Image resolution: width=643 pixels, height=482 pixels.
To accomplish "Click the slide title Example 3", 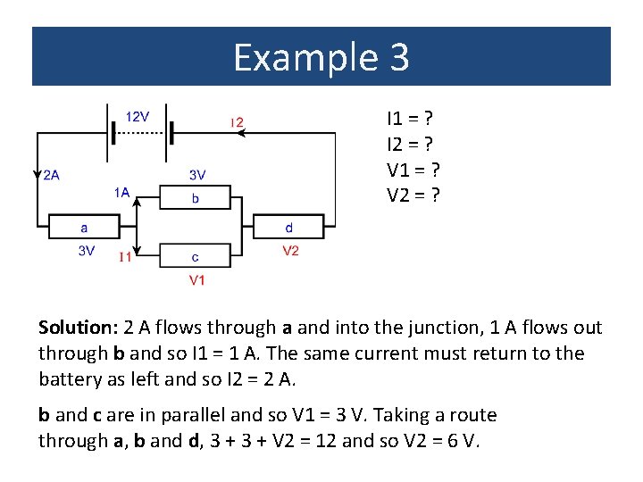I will (321, 57).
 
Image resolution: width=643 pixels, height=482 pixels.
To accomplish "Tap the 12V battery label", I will (138, 116).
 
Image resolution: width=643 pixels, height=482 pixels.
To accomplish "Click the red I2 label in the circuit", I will (237, 122).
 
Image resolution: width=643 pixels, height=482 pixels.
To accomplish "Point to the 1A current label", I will (121, 191).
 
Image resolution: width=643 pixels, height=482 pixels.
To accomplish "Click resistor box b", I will (196, 197).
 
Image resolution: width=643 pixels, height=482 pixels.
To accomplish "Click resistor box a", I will (84, 228).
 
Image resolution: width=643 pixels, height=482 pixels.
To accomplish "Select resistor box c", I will (196, 256).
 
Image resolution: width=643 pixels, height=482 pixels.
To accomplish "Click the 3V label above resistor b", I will (197, 175).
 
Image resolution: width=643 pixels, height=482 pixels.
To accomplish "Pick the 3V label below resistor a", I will (87, 251).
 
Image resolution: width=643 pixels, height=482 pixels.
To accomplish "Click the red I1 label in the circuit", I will (127, 258).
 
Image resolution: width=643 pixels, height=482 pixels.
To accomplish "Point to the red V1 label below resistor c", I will (197, 280).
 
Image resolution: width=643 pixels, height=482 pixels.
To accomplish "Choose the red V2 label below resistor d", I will (290, 251).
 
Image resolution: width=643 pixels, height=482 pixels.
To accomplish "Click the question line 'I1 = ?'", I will (411, 118).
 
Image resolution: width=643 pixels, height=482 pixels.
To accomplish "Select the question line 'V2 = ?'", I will (413, 195).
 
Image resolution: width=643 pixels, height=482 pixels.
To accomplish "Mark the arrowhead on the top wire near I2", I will (243, 133).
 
